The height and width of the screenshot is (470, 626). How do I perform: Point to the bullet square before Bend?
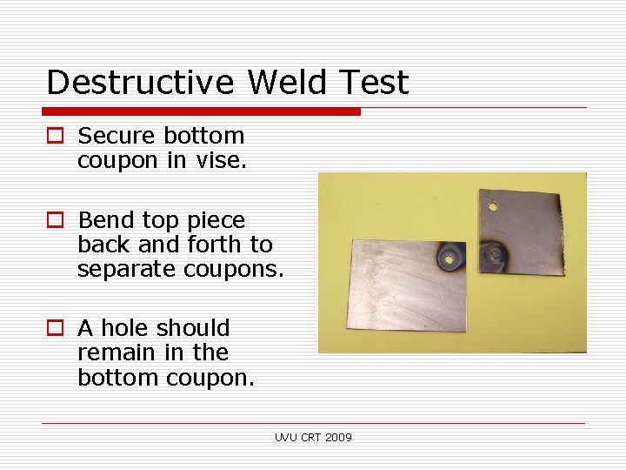point(56,221)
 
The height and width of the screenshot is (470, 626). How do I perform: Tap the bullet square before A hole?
point(56,329)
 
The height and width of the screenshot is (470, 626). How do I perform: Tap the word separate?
point(127,270)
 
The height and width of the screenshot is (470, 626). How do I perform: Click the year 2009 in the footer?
point(338,437)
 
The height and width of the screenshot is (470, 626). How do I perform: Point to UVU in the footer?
point(285,437)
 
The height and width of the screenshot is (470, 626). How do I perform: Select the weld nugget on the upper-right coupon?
point(498,255)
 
